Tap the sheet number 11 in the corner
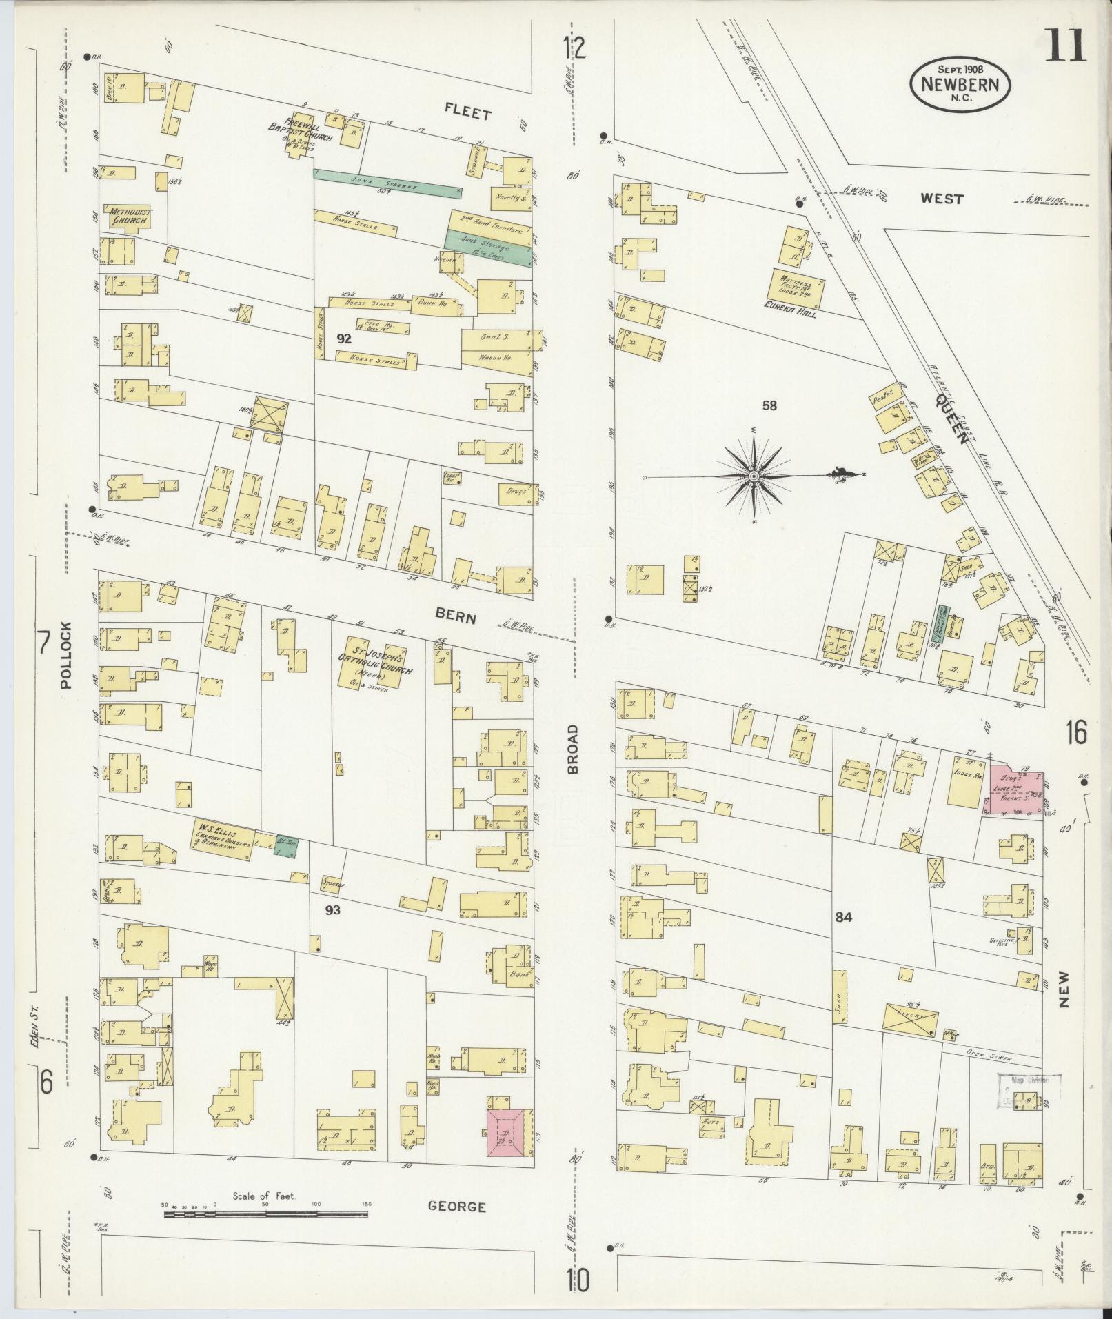[1065, 47]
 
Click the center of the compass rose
[754, 476]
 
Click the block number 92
[343, 339]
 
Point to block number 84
[843, 917]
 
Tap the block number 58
[769, 405]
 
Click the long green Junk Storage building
[387, 182]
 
